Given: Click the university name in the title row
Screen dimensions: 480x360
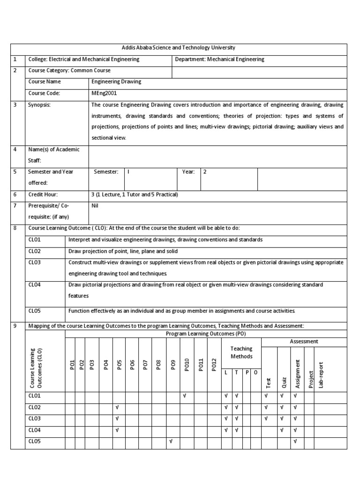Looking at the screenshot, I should click(179, 48).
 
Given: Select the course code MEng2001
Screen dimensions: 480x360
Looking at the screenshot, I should click(104, 93).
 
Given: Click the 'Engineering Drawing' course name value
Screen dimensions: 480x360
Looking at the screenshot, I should click(116, 82).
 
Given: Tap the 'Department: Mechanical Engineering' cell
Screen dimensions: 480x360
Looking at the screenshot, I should click(219, 59).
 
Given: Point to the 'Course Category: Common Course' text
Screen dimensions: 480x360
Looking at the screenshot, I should click(69, 70).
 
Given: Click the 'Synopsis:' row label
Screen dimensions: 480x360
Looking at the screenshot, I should click(39, 105).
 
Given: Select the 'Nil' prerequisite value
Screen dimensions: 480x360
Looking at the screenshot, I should click(95, 205).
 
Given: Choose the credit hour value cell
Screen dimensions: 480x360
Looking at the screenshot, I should click(135, 194).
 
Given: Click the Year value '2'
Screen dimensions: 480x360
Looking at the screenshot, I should click(205, 172).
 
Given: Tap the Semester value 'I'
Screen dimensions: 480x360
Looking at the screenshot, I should click(128, 172).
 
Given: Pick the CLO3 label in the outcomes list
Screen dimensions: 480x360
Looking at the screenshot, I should click(35, 262).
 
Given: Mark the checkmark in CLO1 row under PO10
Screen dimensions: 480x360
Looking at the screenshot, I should click(185, 396).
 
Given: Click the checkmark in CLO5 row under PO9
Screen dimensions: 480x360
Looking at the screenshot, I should click(171, 441).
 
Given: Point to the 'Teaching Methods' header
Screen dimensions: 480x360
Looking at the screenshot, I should click(241, 352).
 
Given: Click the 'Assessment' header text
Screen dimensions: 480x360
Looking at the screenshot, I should click(304, 342).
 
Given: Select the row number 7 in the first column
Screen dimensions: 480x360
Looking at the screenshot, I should click(15, 205).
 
